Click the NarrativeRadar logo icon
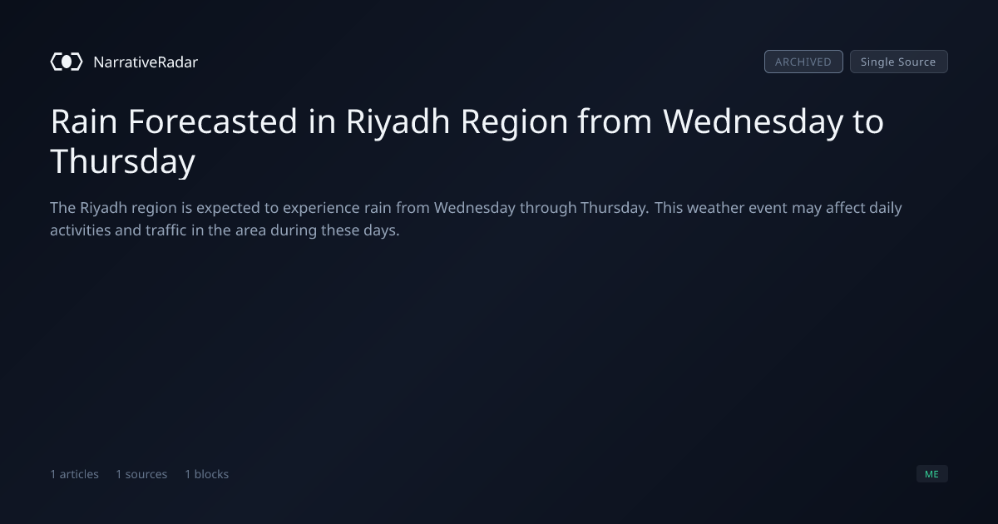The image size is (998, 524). pos(67,62)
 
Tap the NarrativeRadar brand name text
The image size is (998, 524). pos(146,62)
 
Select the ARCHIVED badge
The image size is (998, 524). pos(803,62)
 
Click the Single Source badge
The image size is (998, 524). pos(899,62)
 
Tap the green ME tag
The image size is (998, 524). pos(932,473)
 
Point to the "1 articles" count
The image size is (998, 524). pos(74,474)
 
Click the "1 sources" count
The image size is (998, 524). pos(141,474)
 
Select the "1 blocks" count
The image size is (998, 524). pos(207,474)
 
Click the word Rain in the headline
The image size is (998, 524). pos(84,121)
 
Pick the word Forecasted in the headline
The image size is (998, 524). pos(213,121)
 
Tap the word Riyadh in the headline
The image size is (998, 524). pos(398,122)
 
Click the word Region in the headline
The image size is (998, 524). pos(514,122)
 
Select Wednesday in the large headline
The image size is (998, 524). pos(753,122)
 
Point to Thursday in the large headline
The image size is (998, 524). pos(123,161)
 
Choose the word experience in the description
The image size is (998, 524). pos(321,209)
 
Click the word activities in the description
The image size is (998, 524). pos(80,230)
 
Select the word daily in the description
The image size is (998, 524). pos(886,209)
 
